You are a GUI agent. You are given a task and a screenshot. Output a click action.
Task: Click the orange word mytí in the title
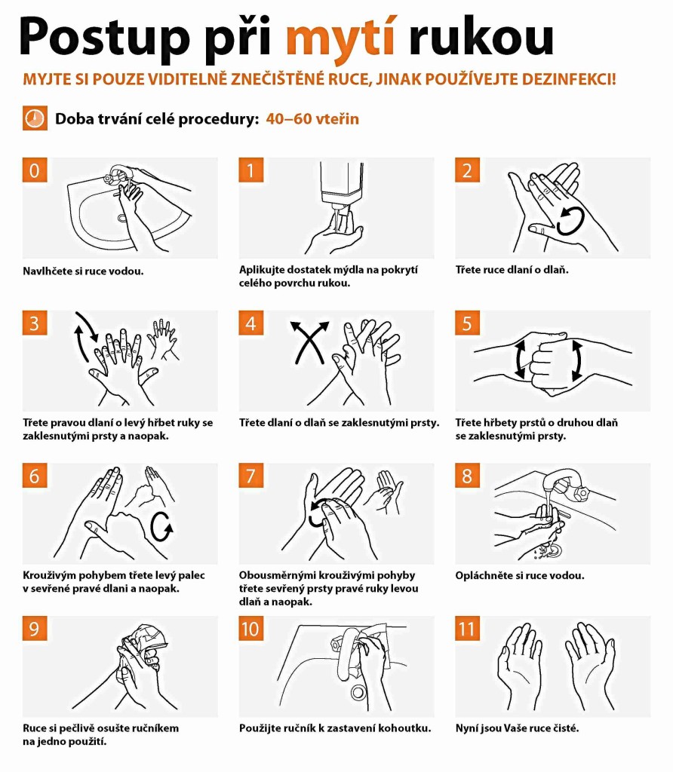click(x=340, y=39)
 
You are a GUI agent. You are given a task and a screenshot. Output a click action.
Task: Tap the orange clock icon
click(x=35, y=118)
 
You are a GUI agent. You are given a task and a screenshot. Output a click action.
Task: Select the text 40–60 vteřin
click(x=312, y=118)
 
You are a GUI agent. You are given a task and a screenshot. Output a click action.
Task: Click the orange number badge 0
click(x=35, y=170)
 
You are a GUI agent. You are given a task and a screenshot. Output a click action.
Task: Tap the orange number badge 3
click(x=35, y=323)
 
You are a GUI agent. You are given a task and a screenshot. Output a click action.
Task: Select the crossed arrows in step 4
click(x=309, y=343)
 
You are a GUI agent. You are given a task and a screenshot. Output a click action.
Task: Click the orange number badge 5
click(x=467, y=323)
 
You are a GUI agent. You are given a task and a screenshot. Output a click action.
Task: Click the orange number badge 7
click(x=250, y=476)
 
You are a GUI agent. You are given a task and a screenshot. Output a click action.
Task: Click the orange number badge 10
click(x=250, y=629)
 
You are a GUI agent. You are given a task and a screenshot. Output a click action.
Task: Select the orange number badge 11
click(x=467, y=629)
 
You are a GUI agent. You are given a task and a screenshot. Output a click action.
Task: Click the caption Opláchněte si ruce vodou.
click(x=520, y=575)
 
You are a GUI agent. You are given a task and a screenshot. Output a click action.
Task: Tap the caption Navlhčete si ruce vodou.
click(x=83, y=271)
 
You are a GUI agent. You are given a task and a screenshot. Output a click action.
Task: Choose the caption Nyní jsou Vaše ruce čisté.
click(x=517, y=728)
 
